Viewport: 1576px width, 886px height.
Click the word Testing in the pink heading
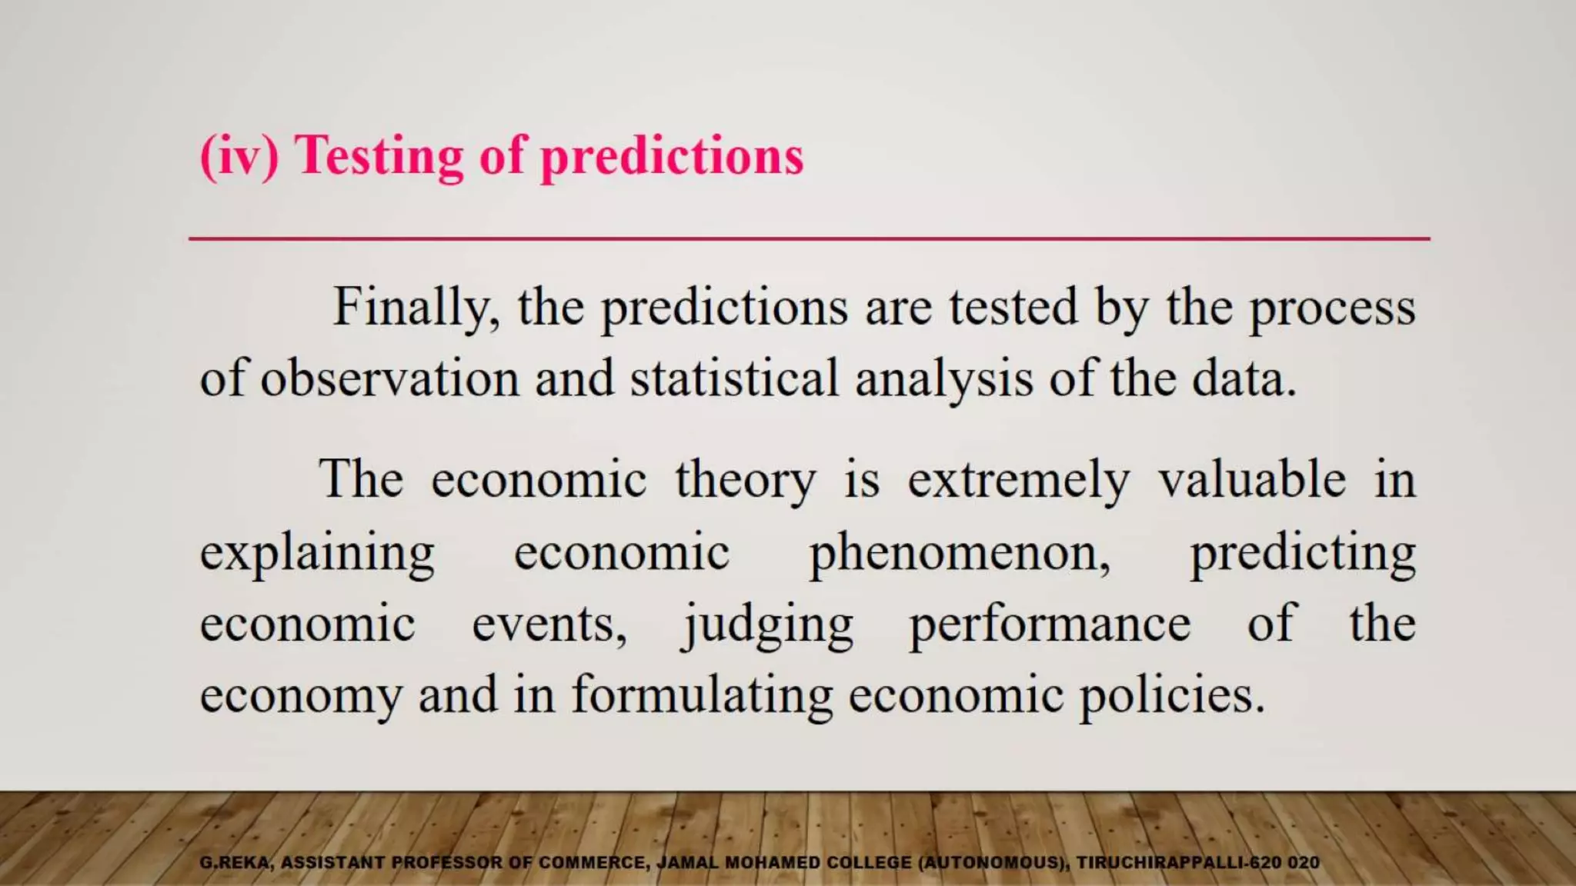(380, 156)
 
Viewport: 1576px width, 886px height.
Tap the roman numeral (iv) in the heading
(239, 156)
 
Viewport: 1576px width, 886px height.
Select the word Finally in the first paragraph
(416, 308)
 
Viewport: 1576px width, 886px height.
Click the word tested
(1013, 308)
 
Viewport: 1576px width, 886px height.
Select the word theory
(745, 481)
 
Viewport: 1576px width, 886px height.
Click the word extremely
(1018, 481)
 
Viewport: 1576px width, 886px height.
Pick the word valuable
(1252, 479)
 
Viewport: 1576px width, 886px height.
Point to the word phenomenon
(960, 553)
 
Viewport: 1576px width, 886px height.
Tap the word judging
(766, 625)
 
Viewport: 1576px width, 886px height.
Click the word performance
(1050, 625)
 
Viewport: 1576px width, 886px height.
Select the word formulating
(702, 695)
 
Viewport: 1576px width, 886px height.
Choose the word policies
(1171, 695)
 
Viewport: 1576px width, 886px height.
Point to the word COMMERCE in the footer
(592, 863)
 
